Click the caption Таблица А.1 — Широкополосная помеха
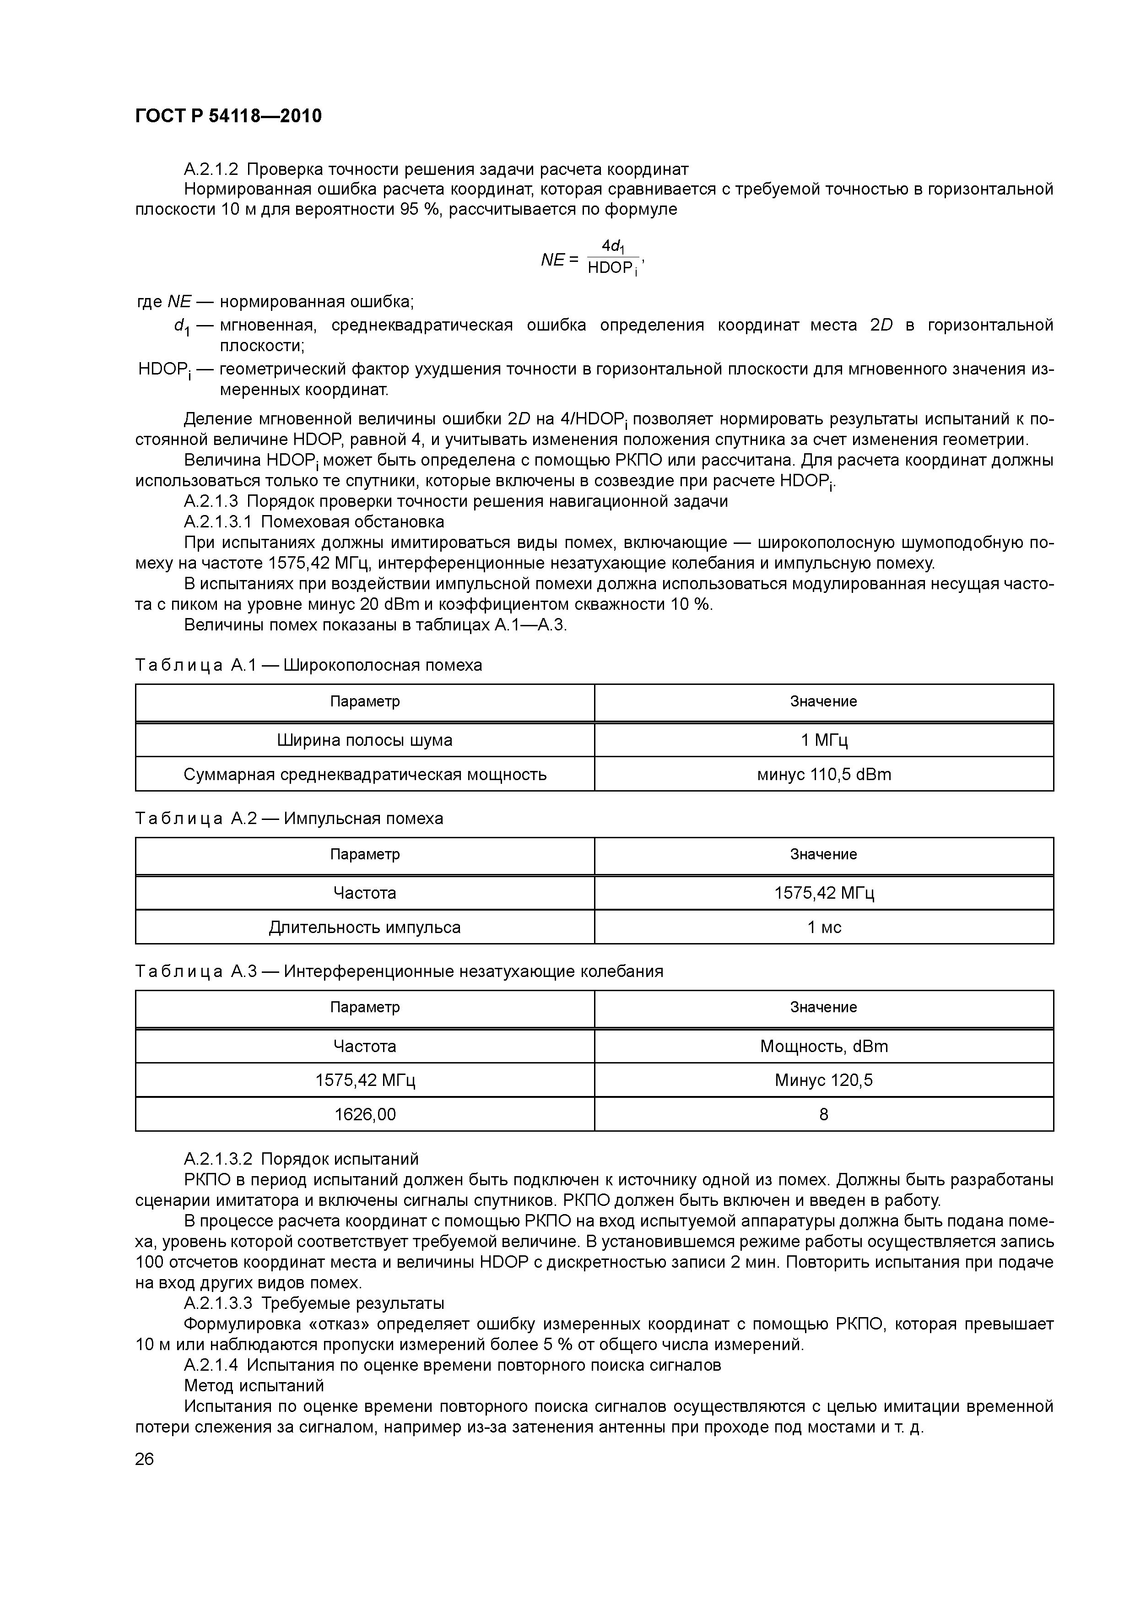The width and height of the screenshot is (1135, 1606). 308,665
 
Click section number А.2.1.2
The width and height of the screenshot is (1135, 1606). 211,169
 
